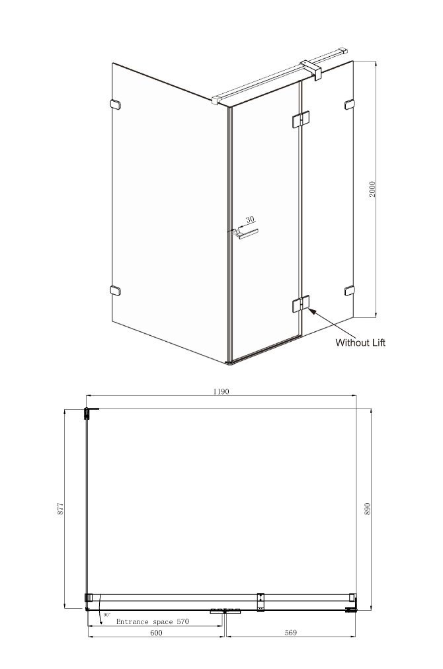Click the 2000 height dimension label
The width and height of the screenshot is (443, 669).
point(372,189)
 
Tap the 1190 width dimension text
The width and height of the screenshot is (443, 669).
point(221,391)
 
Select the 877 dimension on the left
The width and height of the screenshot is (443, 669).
point(60,508)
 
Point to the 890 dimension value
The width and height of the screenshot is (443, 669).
point(368,508)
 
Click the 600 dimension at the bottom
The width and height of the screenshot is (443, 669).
point(156,633)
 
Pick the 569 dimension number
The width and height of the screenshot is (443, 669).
point(290,633)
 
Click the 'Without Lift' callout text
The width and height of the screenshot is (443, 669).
point(360,342)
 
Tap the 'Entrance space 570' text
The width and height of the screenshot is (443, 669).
point(152,621)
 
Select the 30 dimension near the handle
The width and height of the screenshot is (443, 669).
point(250,219)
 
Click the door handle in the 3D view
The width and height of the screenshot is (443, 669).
point(246,234)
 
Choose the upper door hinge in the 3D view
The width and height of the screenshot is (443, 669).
point(300,120)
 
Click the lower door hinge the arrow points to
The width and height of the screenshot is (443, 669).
point(301,305)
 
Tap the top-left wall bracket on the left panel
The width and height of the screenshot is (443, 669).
point(115,104)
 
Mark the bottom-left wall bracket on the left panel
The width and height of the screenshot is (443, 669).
point(115,291)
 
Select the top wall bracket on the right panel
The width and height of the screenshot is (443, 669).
point(350,104)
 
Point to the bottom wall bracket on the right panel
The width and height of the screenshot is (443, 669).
point(350,291)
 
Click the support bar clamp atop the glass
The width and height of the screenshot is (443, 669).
point(311,68)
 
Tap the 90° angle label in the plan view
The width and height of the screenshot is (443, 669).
point(106,615)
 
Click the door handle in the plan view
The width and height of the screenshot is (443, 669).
point(225,612)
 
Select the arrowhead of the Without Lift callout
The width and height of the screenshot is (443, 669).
point(311,311)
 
